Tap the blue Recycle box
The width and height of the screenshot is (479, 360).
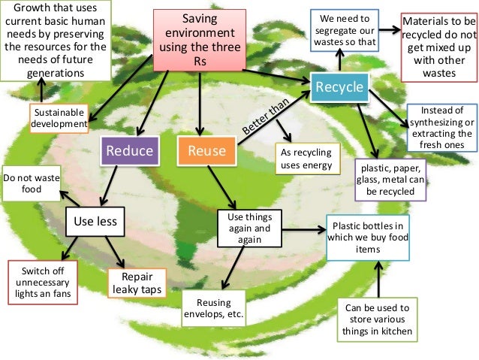pos(339,88)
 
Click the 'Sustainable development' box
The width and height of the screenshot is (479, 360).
pos(58,119)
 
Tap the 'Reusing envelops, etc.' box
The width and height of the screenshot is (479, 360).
pos(214,308)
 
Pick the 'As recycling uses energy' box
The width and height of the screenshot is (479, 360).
pos(304,158)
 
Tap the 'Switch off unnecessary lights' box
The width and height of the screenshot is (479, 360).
pos(41,280)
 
